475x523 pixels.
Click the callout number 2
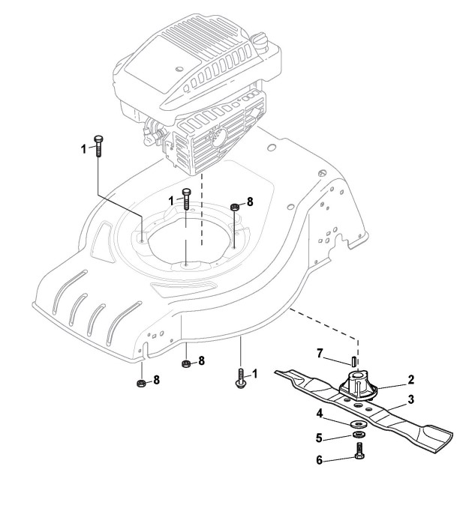[411, 380]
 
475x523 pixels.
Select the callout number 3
[411, 401]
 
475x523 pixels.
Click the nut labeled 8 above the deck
[235, 207]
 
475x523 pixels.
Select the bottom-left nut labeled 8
[140, 384]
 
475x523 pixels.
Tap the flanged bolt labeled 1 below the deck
[240, 378]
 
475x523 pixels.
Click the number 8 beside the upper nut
[251, 202]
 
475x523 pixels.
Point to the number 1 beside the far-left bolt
[84, 149]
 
